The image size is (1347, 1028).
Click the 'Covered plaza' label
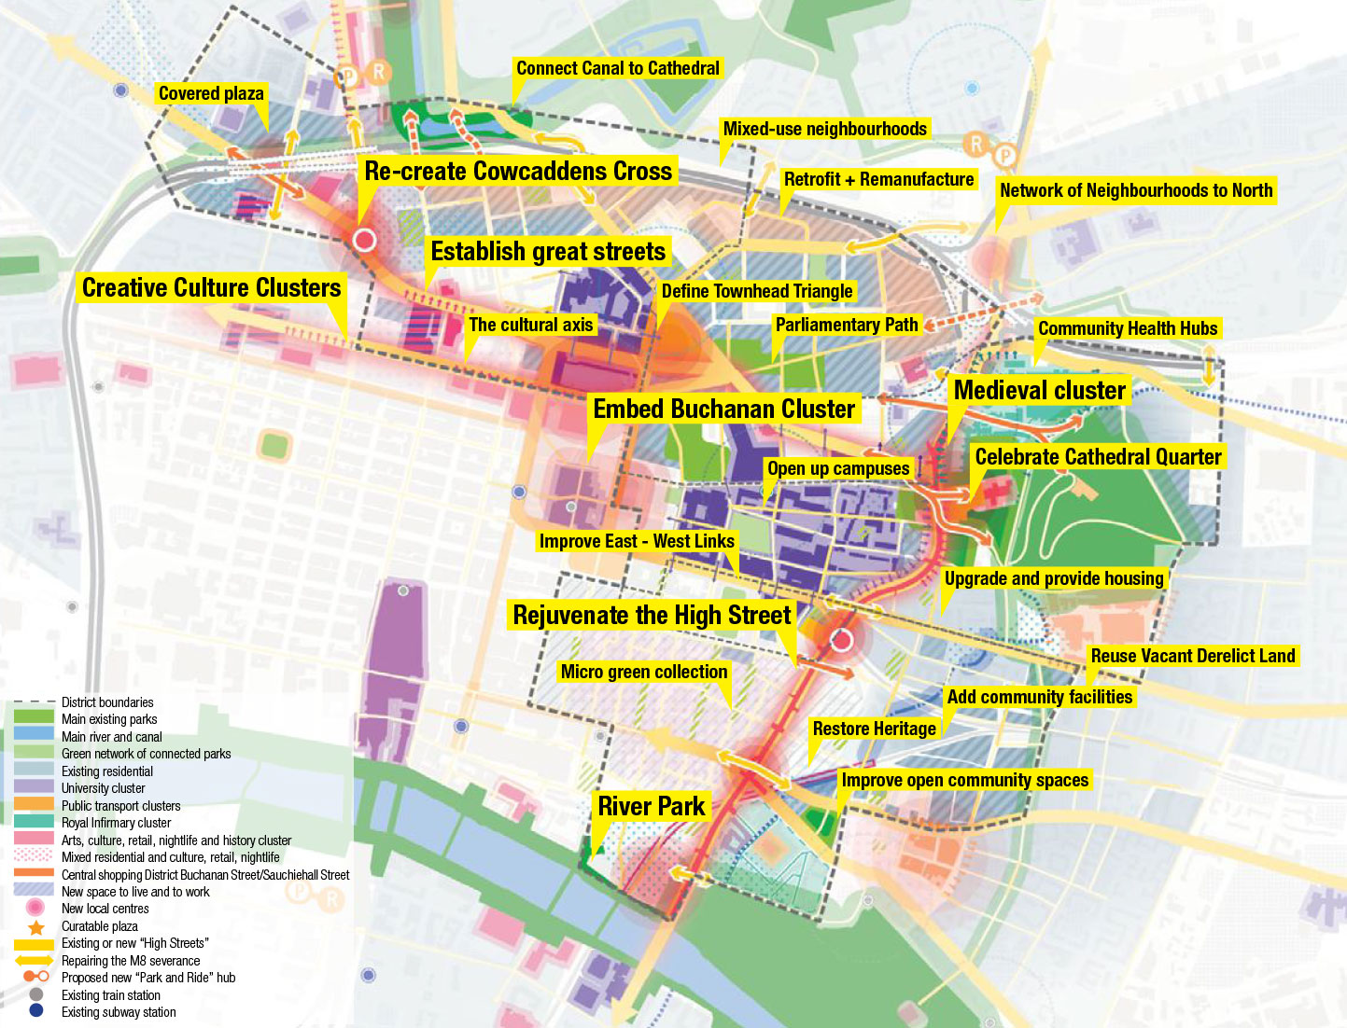(211, 93)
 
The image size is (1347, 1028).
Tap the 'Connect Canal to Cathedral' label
(618, 68)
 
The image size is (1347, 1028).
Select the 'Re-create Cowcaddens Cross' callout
(518, 172)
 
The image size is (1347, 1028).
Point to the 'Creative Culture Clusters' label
(212, 287)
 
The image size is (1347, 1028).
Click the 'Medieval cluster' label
(1039, 390)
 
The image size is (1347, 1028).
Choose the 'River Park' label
(652, 806)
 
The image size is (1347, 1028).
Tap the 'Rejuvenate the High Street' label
(652, 615)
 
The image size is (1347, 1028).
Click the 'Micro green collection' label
(644, 672)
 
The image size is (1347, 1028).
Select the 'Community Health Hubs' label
(1128, 328)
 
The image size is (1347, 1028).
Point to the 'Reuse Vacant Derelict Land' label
(1193, 656)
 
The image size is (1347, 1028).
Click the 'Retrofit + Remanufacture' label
(878, 179)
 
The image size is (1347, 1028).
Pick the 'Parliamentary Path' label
(847, 325)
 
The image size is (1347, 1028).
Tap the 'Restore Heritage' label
(874, 729)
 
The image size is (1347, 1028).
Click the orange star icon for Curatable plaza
(36, 927)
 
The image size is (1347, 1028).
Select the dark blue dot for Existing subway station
(36, 1011)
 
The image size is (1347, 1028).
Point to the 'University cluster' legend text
(103, 788)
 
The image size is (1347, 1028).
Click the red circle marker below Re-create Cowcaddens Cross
(364, 240)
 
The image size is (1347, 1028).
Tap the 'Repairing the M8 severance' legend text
(131, 961)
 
